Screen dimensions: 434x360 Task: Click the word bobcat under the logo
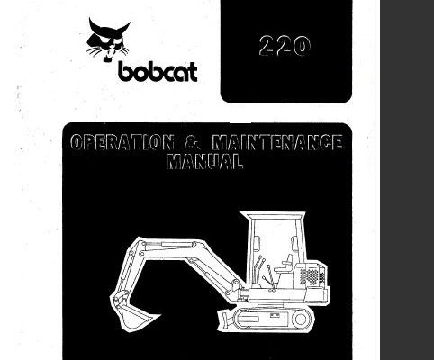pyautogui.click(x=158, y=72)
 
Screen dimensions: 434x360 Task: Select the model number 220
pyautogui.click(x=285, y=46)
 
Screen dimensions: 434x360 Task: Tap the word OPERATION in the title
pyautogui.click(x=122, y=142)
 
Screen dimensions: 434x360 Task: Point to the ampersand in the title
pyautogui.click(x=193, y=142)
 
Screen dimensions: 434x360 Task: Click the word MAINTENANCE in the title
pyautogui.click(x=277, y=142)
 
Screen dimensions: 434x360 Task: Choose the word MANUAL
pyautogui.click(x=204, y=161)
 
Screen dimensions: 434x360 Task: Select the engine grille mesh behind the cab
pyautogui.click(x=312, y=276)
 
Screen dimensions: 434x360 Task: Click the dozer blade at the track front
pyautogui.click(x=226, y=319)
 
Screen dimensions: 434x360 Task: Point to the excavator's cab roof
pyautogui.click(x=273, y=215)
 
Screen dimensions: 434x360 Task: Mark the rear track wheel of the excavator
pyautogui.click(x=300, y=319)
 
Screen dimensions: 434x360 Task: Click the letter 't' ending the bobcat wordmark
pyautogui.click(x=192, y=73)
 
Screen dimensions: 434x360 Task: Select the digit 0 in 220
pyautogui.click(x=301, y=47)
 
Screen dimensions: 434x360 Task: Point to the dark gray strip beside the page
pyautogui.click(x=407, y=180)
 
